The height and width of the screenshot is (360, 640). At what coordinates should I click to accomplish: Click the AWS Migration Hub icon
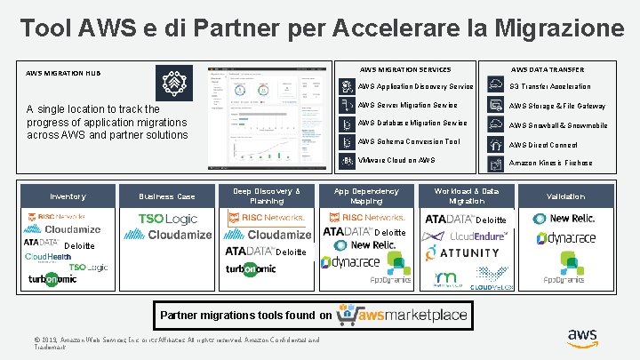[174, 84]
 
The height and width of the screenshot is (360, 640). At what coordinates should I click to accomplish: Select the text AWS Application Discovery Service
[415, 86]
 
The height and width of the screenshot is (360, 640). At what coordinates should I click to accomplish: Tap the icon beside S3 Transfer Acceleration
[493, 86]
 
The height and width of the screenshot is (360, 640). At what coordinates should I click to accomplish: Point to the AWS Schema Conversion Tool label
[409, 141]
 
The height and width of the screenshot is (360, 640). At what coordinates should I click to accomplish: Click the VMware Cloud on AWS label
[396, 160]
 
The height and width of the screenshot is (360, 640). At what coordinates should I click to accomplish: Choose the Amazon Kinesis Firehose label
[550, 164]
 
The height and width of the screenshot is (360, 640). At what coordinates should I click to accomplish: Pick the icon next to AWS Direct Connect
[493, 144]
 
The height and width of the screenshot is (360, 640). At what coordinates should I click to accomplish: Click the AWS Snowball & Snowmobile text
[557, 125]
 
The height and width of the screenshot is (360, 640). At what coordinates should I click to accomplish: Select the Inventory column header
[68, 196]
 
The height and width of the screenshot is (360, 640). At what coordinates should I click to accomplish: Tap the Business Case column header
[167, 196]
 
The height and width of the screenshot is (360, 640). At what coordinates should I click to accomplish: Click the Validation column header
[565, 196]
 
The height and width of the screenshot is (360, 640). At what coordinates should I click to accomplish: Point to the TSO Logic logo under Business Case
[168, 219]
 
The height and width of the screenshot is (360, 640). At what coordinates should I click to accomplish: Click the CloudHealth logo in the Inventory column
[48, 256]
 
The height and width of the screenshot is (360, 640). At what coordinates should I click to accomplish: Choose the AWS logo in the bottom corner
[582, 337]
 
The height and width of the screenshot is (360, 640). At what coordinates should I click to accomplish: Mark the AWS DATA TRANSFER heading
[547, 69]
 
